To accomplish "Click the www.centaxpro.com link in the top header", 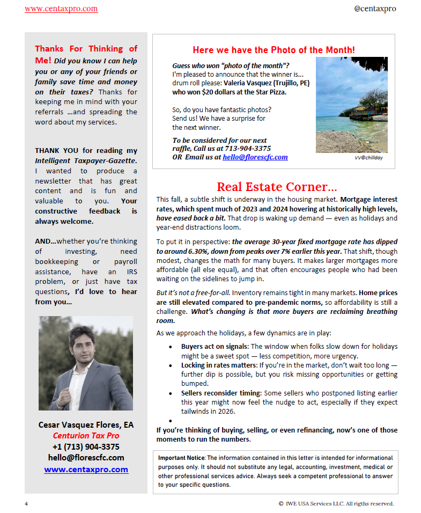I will click(x=61, y=9).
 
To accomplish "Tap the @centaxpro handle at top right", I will click(x=375, y=9).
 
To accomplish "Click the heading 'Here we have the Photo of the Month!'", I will click(x=274, y=50).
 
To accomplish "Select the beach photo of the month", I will click(x=351, y=105).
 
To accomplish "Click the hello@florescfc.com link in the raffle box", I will click(x=255, y=157).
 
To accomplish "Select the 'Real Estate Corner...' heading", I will click(x=277, y=187).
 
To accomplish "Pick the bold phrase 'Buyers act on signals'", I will click(x=215, y=347).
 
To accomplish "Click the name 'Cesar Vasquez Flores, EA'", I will click(x=86, y=424).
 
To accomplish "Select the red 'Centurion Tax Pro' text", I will click(x=86, y=435).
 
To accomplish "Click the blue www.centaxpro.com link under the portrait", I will click(x=86, y=470).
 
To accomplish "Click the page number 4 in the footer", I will click(x=26, y=504).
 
